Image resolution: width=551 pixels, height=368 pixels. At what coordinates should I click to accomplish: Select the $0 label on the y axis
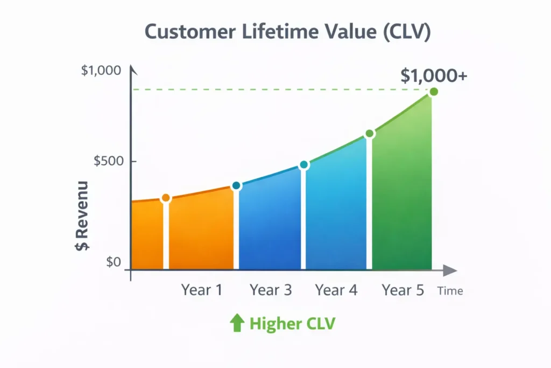click(x=114, y=262)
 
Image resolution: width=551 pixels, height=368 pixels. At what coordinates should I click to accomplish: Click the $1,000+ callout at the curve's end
click(x=434, y=76)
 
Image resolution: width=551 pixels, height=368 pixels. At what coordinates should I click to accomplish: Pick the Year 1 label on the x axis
click(x=202, y=290)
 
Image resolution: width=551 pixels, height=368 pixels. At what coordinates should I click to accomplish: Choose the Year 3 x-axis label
click(x=271, y=290)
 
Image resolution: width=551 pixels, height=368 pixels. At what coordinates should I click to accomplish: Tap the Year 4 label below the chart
click(x=336, y=290)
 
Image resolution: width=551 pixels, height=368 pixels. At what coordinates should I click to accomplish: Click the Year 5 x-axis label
click(x=403, y=290)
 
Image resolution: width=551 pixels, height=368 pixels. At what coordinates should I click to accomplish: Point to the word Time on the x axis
click(x=450, y=291)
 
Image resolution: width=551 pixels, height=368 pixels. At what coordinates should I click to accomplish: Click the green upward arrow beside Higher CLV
click(x=237, y=323)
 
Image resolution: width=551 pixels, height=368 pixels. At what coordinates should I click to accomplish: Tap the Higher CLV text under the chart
click(x=292, y=324)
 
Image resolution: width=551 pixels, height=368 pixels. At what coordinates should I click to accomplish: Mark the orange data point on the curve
click(x=166, y=198)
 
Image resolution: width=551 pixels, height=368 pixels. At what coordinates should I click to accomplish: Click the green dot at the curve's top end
click(x=434, y=92)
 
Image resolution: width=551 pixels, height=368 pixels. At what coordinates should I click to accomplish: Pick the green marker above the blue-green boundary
click(x=369, y=134)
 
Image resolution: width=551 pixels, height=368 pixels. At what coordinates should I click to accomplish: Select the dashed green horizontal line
click(x=280, y=89)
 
